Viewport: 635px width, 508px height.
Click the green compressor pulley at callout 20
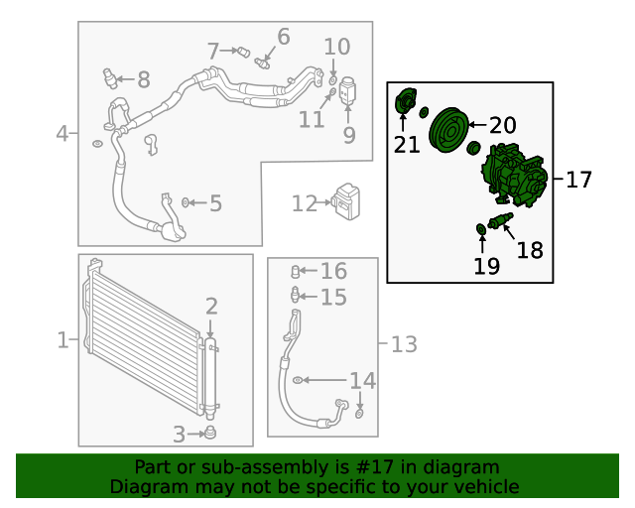pyautogui.click(x=448, y=130)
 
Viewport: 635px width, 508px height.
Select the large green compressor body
pyautogui.click(x=514, y=175)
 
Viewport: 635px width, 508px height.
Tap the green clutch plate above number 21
pyautogui.click(x=406, y=101)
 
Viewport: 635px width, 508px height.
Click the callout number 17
pyautogui.click(x=578, y=180)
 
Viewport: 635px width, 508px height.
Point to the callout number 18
pyautogui.click(x=530, y=250)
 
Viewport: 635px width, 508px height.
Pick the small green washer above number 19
pyautogui.click(x=481, y=229)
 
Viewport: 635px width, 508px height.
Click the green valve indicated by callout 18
pyautogui.click(x=500, y=220)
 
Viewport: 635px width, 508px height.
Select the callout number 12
pyautogui.click(x=305, y=203)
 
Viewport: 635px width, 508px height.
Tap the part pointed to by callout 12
pyautogui.click(x=346, y=201)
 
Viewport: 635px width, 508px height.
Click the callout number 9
pyautogui.click(x=349, y=135)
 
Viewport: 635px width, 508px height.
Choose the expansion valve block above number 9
pyautogui.click(x=347, y=90)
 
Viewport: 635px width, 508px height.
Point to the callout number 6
pyautogui.click(x=284, y=37)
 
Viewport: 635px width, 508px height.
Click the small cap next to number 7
pyautogui.click(x=243, y=53)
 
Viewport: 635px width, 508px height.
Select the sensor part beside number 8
pyautogui.click(x=110, y=77)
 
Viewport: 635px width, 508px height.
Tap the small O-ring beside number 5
pyautogui.click(x=186, y=202)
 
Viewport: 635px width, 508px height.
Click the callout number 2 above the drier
pyautogui.click(x=211, y=307)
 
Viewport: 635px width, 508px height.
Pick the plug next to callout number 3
pyautogui.click(x=209, y=433)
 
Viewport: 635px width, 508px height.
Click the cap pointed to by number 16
pyautogui.click(x=296, y=272)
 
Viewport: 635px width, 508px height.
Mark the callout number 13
pyautogui.click(x=404, y=344)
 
